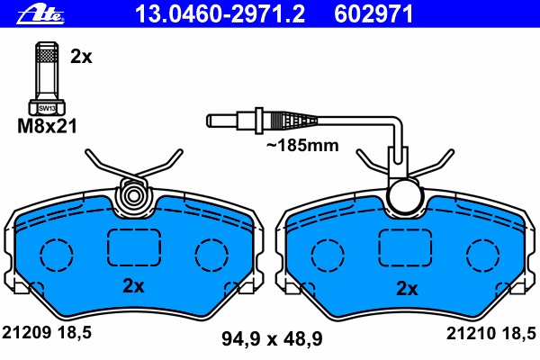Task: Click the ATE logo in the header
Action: click(x=40, y=14)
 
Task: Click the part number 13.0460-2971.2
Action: click(x=220, y=13)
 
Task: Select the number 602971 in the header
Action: click(x=373, y=13)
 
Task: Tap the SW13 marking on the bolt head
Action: click(x=47, y=108)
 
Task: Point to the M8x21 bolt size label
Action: click(x=47, y=126)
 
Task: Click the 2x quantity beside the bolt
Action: click(x=81, y=56)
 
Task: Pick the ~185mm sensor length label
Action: click(x=302, y=146)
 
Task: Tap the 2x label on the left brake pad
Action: click(x=133, y=285)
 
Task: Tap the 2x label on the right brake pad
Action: click(x=407, y=288)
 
